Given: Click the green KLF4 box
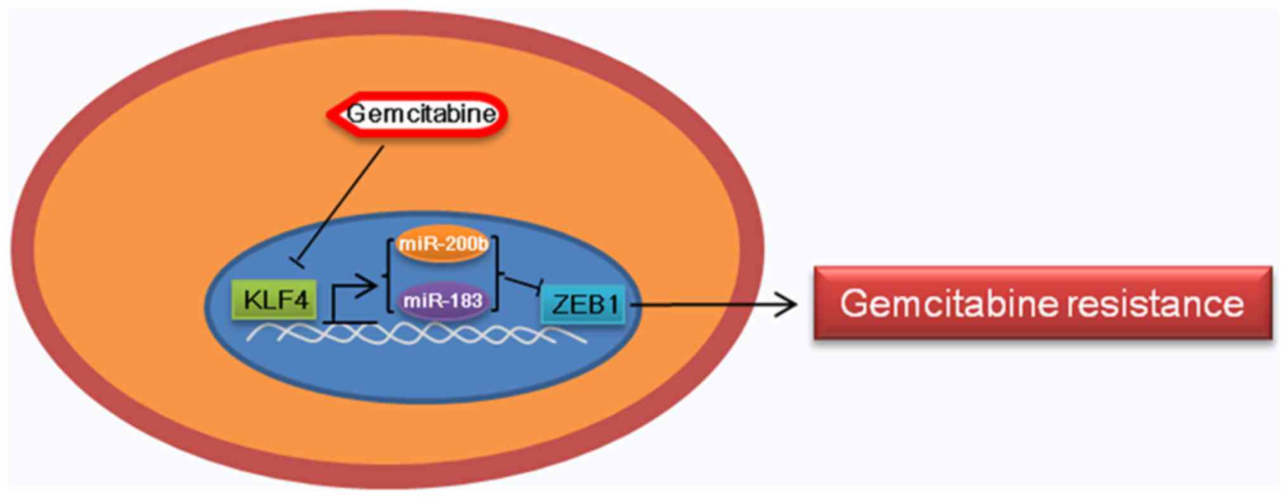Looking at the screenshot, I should tap(274, 300).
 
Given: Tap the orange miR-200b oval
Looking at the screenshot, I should tap(442, 244).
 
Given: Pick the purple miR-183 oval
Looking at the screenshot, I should tap(443, 300).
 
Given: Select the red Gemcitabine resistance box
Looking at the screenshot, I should tap(1042, 303).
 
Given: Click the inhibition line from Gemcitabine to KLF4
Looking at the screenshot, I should tap(342, 203).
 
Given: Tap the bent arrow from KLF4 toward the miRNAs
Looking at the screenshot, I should tap(349, 291).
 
